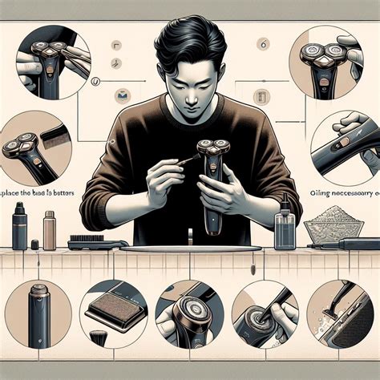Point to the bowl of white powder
[x=333, y=224]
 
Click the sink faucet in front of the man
[x=189, y=237]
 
